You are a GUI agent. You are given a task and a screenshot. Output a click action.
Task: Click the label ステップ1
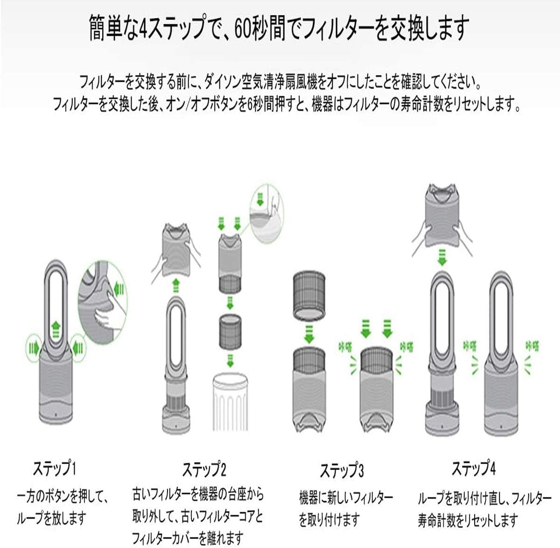click(x=54, y=468)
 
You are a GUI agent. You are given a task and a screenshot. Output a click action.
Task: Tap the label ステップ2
click(x=204, y=468)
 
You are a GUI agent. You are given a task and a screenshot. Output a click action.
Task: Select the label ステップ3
click(x=342, y=470)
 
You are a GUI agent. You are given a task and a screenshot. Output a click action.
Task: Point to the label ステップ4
click(x=473, y=468)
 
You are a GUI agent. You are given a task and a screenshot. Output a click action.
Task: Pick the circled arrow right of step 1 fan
click(x=77, y=347)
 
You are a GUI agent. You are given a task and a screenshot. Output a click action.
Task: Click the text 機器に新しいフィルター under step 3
click(x=345, y=497)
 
